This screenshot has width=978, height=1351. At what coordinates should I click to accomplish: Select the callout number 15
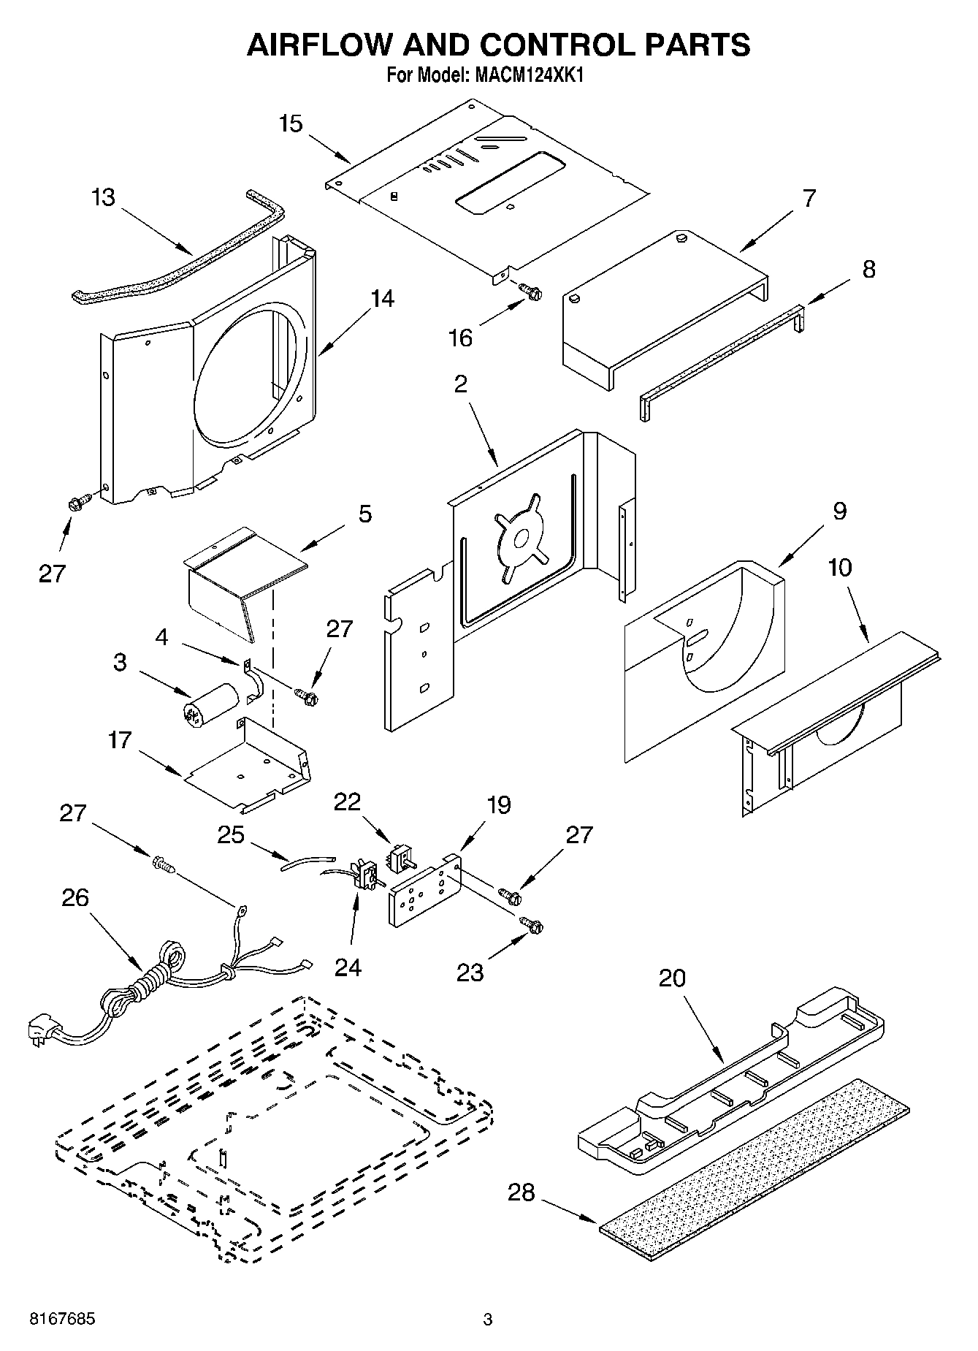(x=291, y=123)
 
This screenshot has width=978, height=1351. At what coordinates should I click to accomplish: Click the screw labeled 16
(x=531, y=292)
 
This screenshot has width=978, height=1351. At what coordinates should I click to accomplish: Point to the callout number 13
(x=104, y=197)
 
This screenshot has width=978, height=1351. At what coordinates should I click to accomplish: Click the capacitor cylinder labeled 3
(x=209, y=703)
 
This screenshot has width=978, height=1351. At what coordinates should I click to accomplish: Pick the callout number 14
(x=382, y=298)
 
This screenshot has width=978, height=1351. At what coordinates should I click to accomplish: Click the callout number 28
(x=522, y=1192)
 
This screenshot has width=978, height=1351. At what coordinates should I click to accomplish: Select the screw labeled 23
(x=532, y=925)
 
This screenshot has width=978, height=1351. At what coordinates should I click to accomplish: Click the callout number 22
(x=348, y=802)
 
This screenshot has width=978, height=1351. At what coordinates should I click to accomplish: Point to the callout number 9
(x=839, y=511)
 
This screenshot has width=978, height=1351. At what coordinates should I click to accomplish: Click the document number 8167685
(x=61, y=1320)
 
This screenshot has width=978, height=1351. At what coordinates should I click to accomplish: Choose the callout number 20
(x=672, y=978)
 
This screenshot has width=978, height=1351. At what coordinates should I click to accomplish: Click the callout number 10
(x=840, y=567)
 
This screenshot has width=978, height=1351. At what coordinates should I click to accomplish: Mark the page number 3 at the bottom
(x=488, y=1320)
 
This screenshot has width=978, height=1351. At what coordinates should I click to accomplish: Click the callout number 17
(x=119, y=740)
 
